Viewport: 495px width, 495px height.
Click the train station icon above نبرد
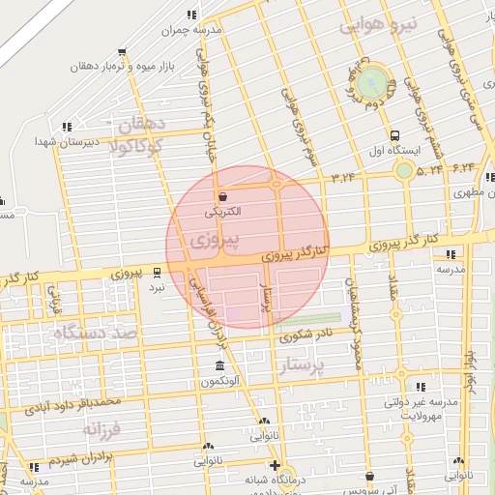point(158,272)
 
